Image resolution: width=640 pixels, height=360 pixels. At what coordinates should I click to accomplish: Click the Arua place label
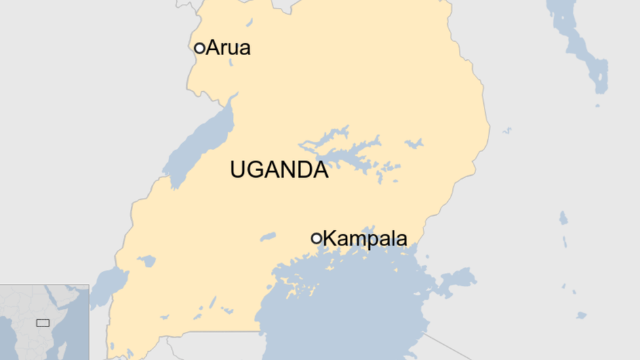[x=228, y=48]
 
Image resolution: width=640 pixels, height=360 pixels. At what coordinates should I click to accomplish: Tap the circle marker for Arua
[x=199, y=48]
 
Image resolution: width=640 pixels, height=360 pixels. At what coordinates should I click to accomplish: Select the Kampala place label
[x=365, y=239]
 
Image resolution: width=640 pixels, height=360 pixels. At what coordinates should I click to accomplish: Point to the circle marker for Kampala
[x=317, y=238]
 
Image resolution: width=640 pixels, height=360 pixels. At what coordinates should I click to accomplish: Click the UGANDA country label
[x=279, y=170]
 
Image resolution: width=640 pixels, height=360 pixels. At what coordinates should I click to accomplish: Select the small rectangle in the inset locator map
[x=43, y=323]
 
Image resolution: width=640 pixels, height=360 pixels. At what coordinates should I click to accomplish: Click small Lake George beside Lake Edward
[x=146, y=261]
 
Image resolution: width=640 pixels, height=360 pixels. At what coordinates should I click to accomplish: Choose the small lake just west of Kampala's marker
[x=268, y=237]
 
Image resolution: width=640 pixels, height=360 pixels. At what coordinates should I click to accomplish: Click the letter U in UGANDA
[x=237, y=170]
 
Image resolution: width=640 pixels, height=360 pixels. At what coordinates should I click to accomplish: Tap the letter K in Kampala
[x=330, y=239]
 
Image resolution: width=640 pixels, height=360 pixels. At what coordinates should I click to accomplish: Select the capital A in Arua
[x=212, y=48]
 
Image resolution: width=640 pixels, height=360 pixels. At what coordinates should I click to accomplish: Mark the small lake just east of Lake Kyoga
[x=414, y=143]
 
